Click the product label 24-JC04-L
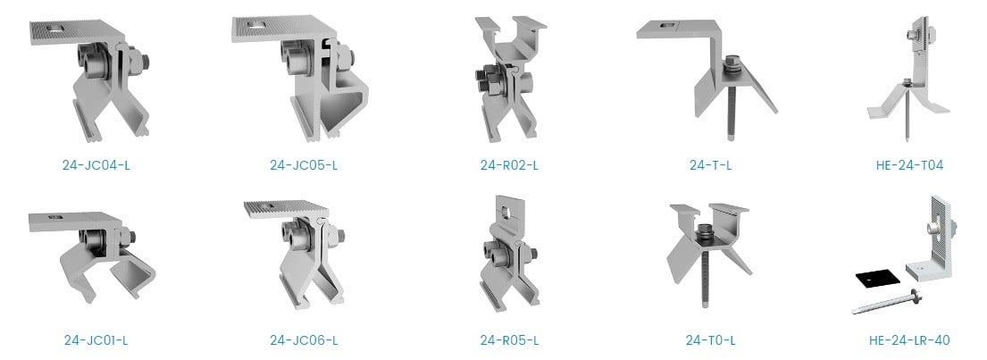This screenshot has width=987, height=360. coord(96,165)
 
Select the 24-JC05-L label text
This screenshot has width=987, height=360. coord(304,165)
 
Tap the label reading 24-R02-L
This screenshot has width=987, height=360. coord(509,165)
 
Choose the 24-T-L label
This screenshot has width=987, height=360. coord(711,165)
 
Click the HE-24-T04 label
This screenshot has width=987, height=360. coord(909,165)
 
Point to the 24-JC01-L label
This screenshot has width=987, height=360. coord(96,340)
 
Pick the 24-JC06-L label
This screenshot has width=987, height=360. coord(304,340)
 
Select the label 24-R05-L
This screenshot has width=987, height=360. coord(509,340)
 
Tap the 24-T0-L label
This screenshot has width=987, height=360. coord(711,340)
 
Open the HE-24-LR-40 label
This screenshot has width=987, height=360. coord(909,340)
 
